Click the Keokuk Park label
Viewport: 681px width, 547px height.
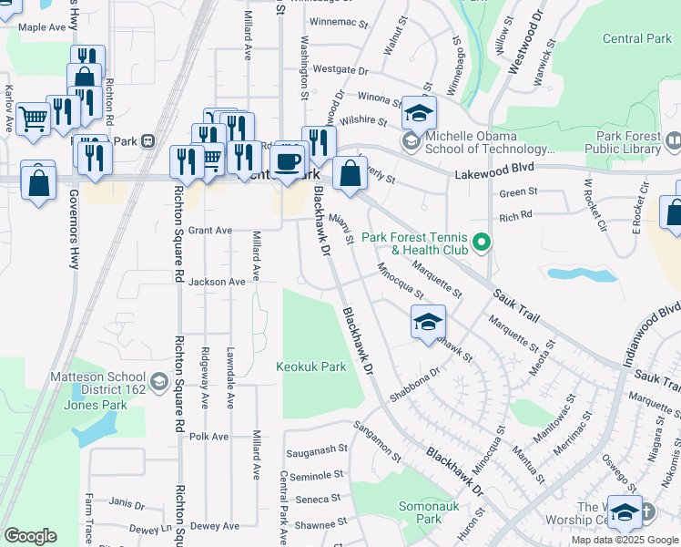tap(311, 366)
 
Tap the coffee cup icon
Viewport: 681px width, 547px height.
tap(289, 162)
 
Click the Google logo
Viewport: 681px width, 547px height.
tap(30, 536)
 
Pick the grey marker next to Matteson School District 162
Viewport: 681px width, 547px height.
tap(160, 381)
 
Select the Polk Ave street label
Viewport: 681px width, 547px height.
tap(208, 437)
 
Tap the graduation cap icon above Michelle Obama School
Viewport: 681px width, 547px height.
tap(420, 113)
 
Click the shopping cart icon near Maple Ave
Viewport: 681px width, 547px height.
tap(34, 117)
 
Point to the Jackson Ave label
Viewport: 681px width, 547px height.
tap(217, 283)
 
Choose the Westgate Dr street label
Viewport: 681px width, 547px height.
tap(340, 69)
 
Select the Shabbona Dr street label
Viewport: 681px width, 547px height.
tap(414, 384)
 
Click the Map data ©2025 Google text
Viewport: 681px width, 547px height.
tap(624, 540)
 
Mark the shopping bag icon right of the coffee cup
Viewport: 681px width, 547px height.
tap(350, 172)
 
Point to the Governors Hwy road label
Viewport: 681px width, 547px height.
tap(74, 228)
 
